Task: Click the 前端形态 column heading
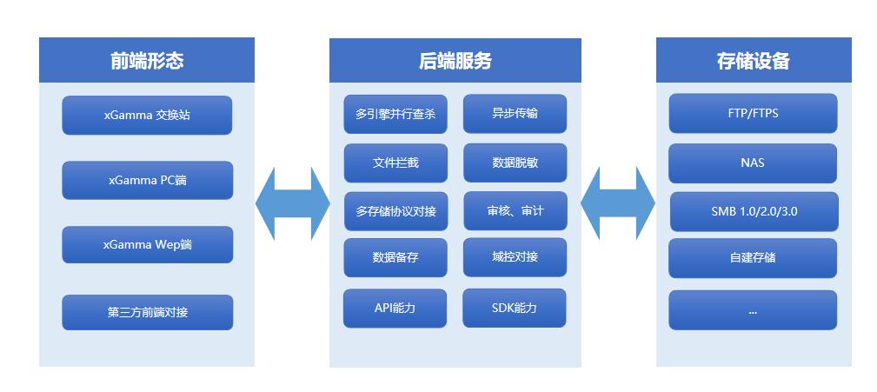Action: [147, 60]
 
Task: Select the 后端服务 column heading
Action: [455, 60]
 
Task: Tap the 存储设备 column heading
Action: [754, 60]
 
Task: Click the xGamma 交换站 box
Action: [147, 116]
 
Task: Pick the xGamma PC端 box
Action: [147, 180]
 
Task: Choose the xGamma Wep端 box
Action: [147, 244]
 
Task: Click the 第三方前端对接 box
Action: [147, 312]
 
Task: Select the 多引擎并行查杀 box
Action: [395, 114]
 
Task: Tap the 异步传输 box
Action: [515, 114]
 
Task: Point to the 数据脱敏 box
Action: [515, 163]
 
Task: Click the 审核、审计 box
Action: [515, 211]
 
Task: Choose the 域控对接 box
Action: [515, 257]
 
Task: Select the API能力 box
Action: [395, 308]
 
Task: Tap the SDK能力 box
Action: [514, 308]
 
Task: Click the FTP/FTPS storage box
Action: [753, 113]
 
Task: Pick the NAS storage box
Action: [753, 163]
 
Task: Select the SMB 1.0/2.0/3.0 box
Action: [754, 211]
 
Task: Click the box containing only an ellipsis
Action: [753, 309]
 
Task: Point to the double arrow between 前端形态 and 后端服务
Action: [293, 203]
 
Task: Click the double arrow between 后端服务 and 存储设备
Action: [618, 203]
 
